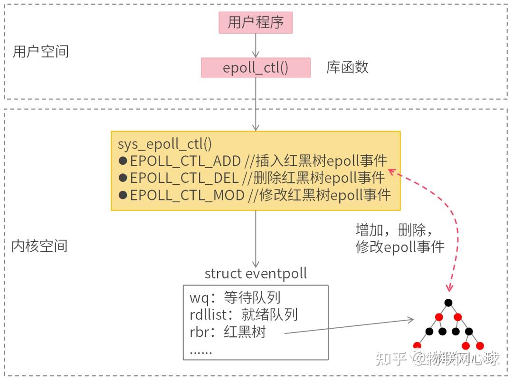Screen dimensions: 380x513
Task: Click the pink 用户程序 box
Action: click(256, 22)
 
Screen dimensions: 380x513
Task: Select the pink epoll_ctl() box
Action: click(256, 68)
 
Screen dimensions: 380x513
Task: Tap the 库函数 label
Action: click(347, 67)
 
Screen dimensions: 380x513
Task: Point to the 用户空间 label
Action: click(40, 51)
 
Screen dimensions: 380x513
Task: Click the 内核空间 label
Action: click(39, 246)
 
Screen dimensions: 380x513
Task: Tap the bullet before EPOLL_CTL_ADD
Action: click(123, 161)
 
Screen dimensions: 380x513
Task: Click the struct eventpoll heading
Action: click(256, 273)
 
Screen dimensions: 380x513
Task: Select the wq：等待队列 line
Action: click(235, 298)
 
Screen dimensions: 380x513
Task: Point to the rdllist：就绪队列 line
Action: click(244, 314)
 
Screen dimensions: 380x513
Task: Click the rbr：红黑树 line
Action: click(228, 332)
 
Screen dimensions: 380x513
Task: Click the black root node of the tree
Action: click(448, 303)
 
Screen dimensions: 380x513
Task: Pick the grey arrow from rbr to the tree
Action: click(349, 327)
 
